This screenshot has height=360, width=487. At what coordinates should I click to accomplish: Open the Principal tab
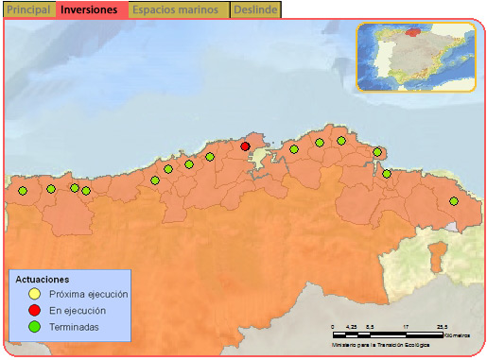[28, 9]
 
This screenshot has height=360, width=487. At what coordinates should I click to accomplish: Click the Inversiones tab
[90, 9]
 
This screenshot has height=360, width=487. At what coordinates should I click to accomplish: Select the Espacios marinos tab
[180, 9]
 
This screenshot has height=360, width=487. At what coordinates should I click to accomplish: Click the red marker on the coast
[245, 146]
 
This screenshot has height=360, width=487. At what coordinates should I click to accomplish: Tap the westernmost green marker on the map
[23, 191]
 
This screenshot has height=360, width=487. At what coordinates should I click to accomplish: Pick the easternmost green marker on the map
[454, 201]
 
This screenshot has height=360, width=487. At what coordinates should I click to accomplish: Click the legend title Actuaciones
[43, 281]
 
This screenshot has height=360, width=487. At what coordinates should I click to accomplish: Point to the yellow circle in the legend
[34, 295]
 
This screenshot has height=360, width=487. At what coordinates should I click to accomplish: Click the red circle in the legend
[34, 311]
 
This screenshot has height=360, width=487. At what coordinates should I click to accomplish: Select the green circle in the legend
[34, 327]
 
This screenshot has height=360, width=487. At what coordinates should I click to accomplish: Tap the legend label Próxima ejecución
[88, 295]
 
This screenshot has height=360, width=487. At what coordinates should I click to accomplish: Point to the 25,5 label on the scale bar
[442, 326]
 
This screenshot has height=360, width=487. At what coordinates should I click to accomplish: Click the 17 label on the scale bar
[406, 326]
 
